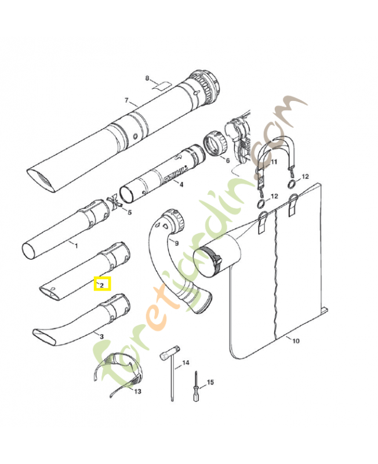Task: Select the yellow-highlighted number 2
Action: click(x=101, y=285)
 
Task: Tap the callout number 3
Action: click(x=101, y=336)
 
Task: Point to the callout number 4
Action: click(x=181, y=185)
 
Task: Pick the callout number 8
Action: click(x=147, y=78)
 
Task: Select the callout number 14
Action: click(x=186, y=363)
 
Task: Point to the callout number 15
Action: click(x=210, y=382)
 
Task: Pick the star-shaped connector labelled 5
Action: click(x=114, y=204)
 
